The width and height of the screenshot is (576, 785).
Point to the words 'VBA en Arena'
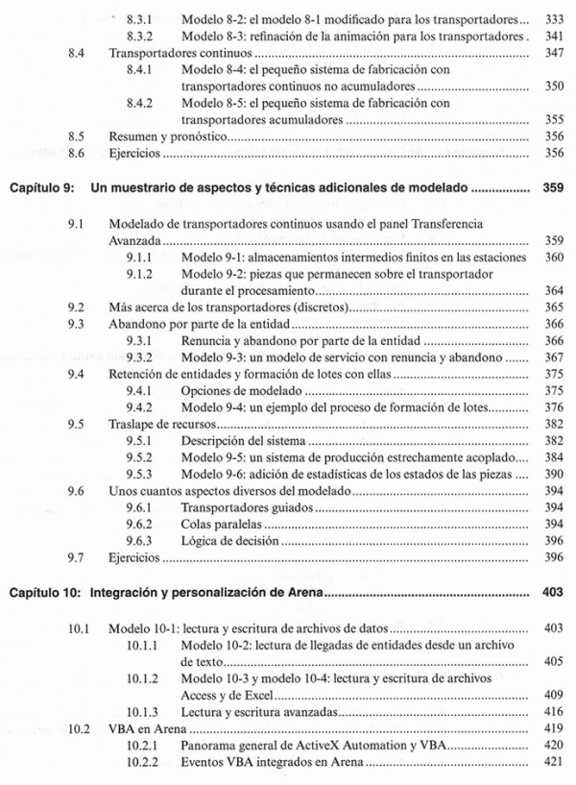[146, 728]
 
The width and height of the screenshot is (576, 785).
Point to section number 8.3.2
[140, 36]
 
